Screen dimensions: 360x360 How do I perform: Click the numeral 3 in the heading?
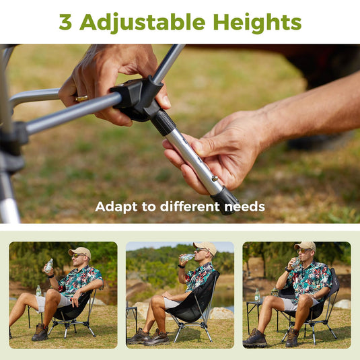[65, 22]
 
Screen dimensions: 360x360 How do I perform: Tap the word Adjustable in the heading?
[143, 22]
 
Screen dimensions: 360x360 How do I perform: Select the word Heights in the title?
[257, 22]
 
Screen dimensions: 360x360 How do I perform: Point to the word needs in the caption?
[244, 207]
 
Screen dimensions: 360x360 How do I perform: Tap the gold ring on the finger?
[81, 99]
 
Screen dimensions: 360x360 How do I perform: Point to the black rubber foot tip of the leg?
[226, 200]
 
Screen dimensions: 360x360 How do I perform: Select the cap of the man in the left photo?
[79, 251]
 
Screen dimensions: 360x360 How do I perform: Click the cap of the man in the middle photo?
[205, 247]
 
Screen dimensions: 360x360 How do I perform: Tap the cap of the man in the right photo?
[305, 246]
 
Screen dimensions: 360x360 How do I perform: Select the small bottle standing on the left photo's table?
[38, 291]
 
